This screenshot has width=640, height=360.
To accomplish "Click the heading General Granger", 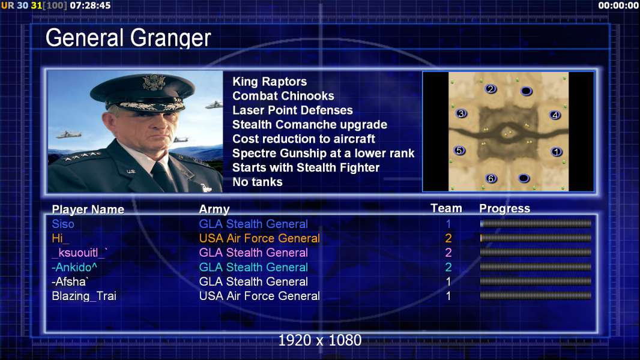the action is click(128, 38).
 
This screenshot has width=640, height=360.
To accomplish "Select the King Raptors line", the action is click(270, 82).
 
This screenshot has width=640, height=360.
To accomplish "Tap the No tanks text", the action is click(257, 182).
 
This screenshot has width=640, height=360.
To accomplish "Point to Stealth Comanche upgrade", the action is click(309, 124).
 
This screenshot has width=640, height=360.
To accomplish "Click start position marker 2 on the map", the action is click(491, 89).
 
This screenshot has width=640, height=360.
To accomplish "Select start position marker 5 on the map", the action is click(460, 151).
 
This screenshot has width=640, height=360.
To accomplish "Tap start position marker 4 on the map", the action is click(555, 115).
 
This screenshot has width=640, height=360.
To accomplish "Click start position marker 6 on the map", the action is click(491, 178).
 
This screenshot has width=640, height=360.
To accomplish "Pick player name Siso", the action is click(63, 224).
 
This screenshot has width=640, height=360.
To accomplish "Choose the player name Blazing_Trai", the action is click(83, 296).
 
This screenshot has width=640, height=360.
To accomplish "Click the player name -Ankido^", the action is click(74, 267).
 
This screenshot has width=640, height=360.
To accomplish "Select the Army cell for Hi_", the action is click(259, 238).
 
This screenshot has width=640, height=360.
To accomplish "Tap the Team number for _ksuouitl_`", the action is click(448, 253).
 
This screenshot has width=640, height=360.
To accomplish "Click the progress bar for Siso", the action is click(536, 223).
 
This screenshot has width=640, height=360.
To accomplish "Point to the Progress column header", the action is click(504, 208).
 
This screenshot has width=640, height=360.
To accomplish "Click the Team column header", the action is click(446, 208).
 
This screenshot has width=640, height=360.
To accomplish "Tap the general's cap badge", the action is click(154, 82).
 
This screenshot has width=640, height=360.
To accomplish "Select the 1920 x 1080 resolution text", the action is click(319, 340).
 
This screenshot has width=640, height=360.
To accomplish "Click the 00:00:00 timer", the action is click(618, 5).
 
